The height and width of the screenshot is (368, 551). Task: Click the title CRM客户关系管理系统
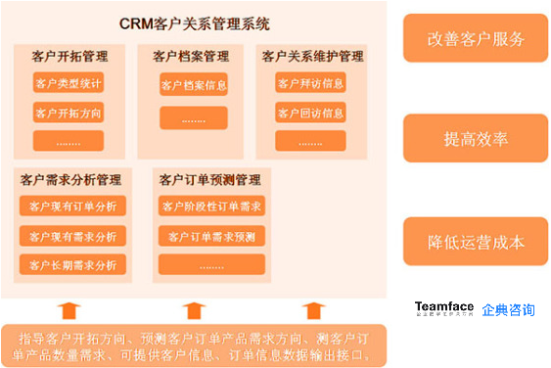click(195, 22)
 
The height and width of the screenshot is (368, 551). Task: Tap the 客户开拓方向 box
click(69, 114)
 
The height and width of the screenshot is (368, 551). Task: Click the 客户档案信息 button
click(194, 86)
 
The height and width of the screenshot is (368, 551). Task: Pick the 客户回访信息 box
click(310, 114)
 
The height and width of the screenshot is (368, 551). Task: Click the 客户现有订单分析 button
click(72, 207)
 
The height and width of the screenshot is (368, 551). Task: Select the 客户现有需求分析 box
click(72, 236)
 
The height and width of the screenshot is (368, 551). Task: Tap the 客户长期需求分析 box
click(72, 265)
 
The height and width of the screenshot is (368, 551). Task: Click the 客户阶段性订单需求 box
click(210, 207)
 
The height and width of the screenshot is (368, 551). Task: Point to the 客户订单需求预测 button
click(210, 237)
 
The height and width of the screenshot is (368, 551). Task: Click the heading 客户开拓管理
click(69, 57)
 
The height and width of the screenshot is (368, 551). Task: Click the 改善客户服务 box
click(476, 39)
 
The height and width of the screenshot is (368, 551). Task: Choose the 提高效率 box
click(476, 139)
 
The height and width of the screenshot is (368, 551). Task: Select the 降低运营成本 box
click(476, 242)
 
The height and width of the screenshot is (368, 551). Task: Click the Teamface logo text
click(444, 306)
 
